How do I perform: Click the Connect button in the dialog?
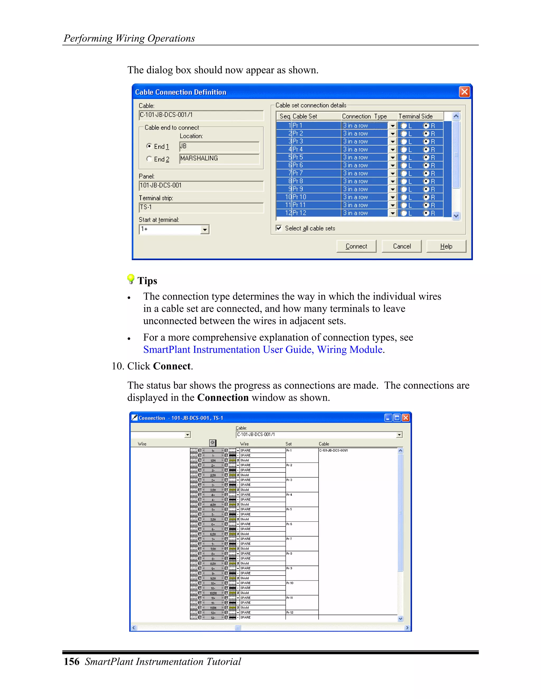pos(356,246)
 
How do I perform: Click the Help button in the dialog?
pos(446,246)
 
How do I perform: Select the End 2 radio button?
pos(149,159)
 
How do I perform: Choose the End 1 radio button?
pos(149,146)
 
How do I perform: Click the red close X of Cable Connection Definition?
pos(464,92)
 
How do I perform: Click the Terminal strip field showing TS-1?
pos(201,207)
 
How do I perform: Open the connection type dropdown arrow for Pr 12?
pos(393,213)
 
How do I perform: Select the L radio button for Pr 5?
pos(404,157)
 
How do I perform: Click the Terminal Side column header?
pos(415,116)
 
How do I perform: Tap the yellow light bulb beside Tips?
pos(131,279)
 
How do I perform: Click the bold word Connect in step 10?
pos(172,366)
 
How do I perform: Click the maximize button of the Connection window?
pos(397,418)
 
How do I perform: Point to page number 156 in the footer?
pos(72,662)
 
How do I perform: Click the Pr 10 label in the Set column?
pos(290,583)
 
